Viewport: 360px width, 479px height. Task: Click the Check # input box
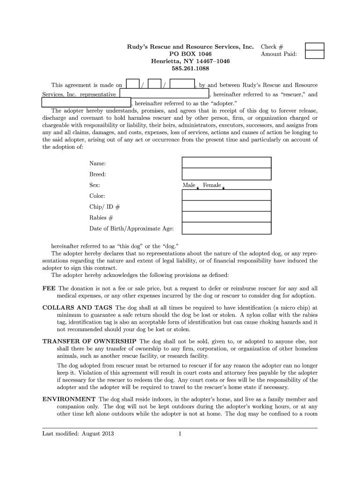[314, 47]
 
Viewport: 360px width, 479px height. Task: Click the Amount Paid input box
[314, 55]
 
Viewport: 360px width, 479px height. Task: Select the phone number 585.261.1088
[190, 69]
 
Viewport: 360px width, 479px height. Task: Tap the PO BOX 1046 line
[190, 54]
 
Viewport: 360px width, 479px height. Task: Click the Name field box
[226, 162]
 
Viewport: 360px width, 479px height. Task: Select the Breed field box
[226, 174]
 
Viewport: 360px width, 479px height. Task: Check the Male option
[198, 188]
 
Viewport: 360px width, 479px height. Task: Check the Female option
[223, 188]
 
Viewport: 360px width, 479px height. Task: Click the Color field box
[226, 195]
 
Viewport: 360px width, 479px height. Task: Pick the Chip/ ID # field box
[226, 206]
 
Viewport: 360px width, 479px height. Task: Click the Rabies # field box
[226, 217]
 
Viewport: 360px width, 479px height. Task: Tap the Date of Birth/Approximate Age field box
[226, 228]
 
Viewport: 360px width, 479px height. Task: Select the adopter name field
[86, 103]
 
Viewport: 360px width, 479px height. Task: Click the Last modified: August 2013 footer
[78, 433]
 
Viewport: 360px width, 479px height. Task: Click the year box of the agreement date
[182, 85]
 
